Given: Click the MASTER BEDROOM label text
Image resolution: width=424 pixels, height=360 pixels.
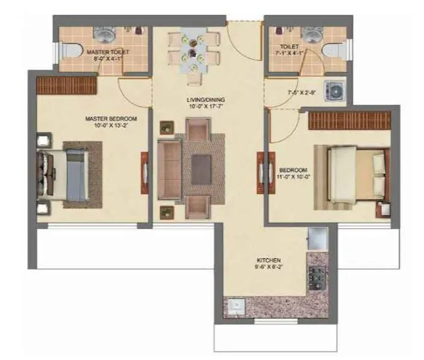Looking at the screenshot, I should (x=111, y=119).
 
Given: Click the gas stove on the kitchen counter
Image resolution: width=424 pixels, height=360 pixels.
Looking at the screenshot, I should (x=317, y=277).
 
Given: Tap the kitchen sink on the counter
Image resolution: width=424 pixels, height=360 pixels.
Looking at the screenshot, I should (x=236, y=307).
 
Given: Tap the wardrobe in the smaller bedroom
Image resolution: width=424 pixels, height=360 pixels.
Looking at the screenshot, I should (x=349, y=120).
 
